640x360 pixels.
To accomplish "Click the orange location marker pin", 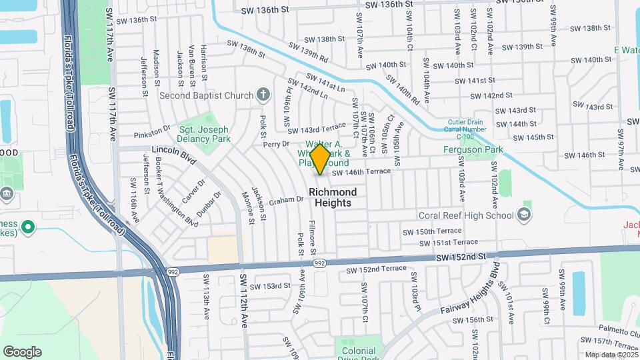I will pyautogui.click(x=321, y=158).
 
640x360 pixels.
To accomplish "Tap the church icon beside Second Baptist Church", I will pyautogui.click(x=263, y=95).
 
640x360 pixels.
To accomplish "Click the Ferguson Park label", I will pyautogui.click(x=473, y=149).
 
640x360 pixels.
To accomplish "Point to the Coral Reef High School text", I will pyautogui.click(x=466, y=215).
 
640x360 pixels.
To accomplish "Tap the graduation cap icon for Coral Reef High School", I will pyautogui.click(x=525, y=215).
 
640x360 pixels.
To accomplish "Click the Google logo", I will pyautogui.click(x=22, y=352).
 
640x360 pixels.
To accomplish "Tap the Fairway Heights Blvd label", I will pyautogui.click(x=470, y=293).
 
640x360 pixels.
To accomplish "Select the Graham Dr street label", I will pyautogui.click(x=287, y=199).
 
